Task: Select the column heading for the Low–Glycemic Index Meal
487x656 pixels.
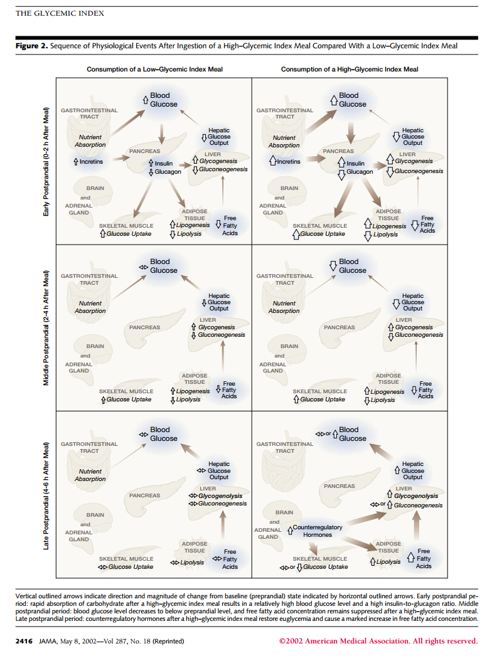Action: pyautogui.click(x=154, y=69)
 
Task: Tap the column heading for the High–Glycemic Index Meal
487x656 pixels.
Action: pyautogui.click(x=350, y=69)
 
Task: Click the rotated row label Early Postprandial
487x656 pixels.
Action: pyautogui.click(x=46, y=162)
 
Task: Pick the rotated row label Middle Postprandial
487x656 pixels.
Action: pyautogui.click(x=46, y=327)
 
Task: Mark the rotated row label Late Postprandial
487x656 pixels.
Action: pyautogui.click(x=46, y=496)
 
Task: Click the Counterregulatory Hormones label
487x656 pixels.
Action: pyautogui.click(x=318, y=531)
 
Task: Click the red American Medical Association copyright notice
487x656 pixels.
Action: pyautogui.click(x=378, y=641)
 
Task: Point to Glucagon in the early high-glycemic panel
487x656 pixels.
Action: pyautogui.click(x=360, y=171)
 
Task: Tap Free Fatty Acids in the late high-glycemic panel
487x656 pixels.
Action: pyautogui.click(x=424, y=559)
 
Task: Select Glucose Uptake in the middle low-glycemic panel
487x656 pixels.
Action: pyautogui.click(x=129, y=399)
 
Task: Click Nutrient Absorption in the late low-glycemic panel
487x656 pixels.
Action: pyautogui.click(x=90, y=475)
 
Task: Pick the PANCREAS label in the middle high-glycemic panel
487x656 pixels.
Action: pyautogui.click(x=339, y=327)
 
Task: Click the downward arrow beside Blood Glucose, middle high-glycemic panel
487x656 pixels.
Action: pyautogui.click(x=334, y=265)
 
